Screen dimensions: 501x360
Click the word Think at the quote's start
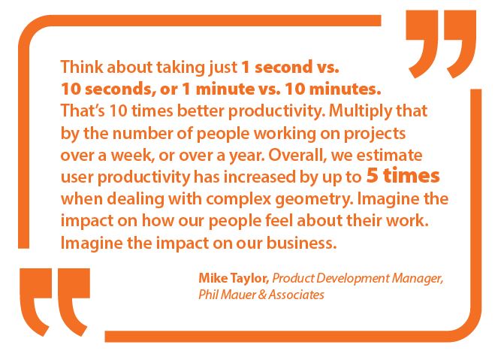82,67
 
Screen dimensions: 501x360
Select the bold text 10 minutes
333,89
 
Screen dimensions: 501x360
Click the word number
143,133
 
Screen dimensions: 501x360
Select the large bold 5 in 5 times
373,176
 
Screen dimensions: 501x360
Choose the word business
302,243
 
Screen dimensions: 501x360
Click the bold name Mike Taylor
234,279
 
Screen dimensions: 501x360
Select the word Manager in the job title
418,279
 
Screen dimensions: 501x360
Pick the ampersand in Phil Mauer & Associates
262,295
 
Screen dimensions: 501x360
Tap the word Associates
296,295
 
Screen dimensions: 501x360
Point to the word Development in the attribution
353,279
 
